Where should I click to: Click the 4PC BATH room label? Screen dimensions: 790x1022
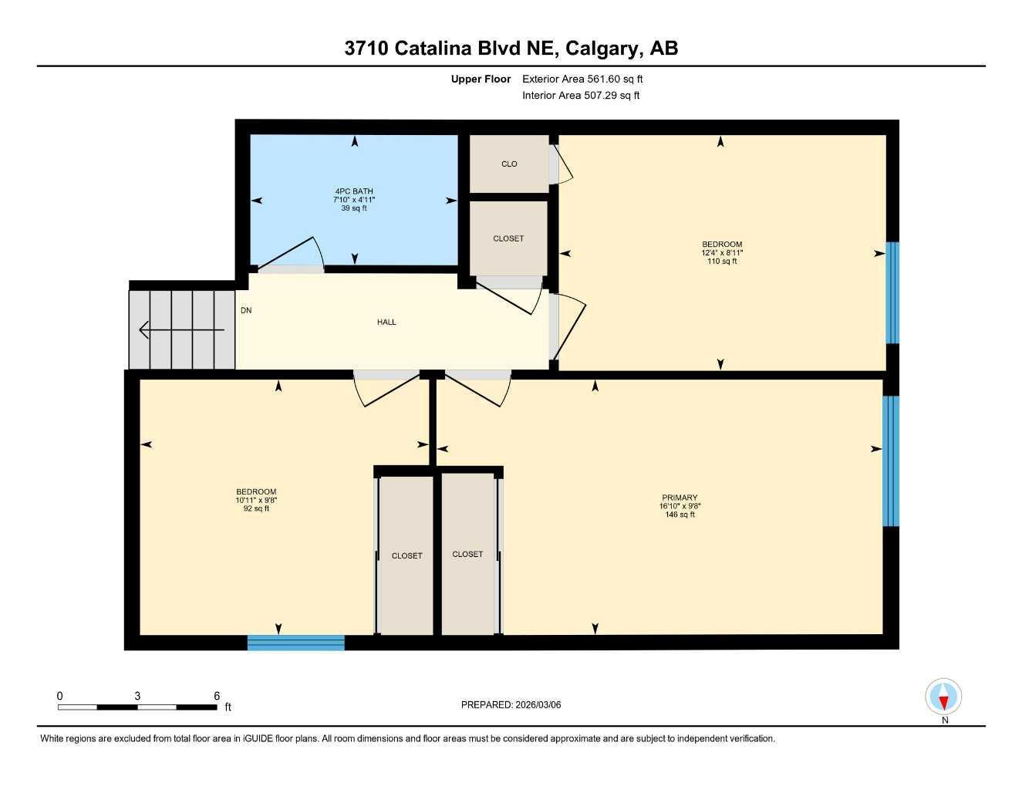coord(354,191)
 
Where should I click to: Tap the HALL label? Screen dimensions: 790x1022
coord(386,322)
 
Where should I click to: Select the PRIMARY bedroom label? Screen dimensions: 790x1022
coord(680,498)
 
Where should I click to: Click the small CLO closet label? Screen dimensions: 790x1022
coord(509,164)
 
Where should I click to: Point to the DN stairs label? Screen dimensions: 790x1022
coord(246,311)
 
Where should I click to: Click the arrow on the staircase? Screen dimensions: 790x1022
coord(181,330)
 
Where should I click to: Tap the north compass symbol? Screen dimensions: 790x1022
coord(943,698)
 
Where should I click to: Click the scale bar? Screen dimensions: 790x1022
coord(137,707)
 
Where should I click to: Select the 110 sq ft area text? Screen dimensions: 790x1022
coord(722,262)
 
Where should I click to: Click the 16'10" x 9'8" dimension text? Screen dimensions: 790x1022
coord(680,506)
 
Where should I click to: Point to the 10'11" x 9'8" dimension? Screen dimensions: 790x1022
coord(256,500)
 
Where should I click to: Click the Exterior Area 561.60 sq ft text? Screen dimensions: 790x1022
coord(582,79)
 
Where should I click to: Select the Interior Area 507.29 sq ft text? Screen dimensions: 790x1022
coord(581,96)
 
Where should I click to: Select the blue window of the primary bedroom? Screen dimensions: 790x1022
coord(891,461)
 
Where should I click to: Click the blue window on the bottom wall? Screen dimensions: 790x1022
coord(295,643)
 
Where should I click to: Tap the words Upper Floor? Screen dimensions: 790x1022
coord(481,79)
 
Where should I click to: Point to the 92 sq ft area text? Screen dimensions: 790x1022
coord(256,508)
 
